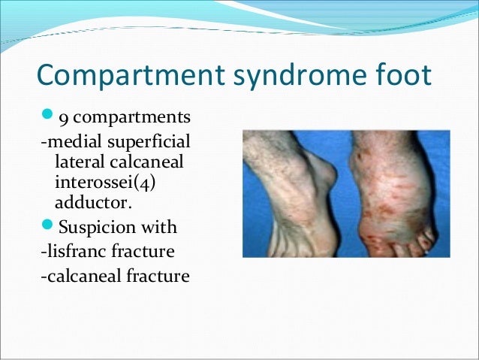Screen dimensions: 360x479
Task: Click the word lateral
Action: click(76, 162)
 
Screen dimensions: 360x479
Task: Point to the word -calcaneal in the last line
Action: click(76, 277)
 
